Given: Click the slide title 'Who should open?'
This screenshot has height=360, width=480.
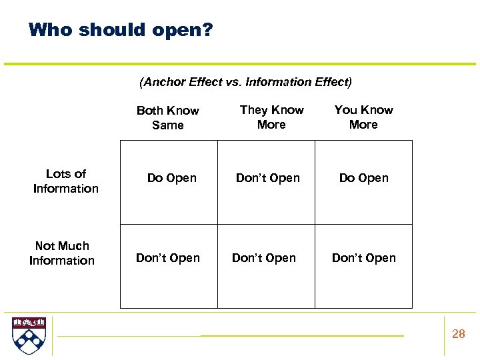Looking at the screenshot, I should (121, 30).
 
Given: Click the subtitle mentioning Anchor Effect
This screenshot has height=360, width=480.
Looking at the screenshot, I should (245, 82).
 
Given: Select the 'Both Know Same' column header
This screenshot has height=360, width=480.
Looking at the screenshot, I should (168, 117).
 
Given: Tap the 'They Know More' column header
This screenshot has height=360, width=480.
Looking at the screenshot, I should (271, 117).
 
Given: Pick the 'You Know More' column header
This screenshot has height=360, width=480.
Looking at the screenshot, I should (363, 117).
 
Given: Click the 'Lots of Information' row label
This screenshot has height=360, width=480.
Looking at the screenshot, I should (66, 181).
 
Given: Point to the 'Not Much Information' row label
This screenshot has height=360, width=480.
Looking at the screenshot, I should (62, 253).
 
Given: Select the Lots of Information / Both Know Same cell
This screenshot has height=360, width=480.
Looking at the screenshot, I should (172, 178).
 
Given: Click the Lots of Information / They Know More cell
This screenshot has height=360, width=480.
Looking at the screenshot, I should (268, 178).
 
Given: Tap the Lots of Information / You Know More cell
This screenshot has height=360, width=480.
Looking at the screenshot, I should (364, 178).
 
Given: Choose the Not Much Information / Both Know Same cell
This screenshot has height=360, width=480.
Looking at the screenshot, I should (168, 258).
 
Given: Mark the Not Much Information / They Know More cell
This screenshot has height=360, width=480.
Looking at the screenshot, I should (264, 258).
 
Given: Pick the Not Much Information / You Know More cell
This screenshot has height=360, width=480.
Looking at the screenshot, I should (364, 258).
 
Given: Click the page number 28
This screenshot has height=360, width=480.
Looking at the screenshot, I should (459, 334).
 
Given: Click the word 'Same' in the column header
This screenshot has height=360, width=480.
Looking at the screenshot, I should (168, 125).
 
